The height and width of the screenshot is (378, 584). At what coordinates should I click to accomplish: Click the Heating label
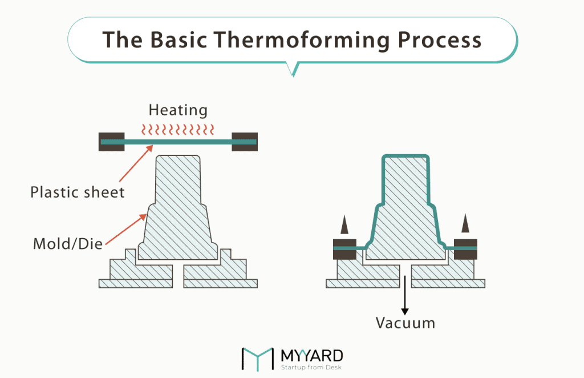tap(178, 110)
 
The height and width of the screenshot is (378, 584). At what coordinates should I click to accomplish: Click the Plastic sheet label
tap(78, 192)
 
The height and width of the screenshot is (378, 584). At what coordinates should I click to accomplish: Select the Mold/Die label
tap(68, 244)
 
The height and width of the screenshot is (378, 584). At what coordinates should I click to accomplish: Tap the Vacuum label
tap(405, 323)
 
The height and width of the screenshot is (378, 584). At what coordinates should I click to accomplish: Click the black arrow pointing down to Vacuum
tap(405, 294)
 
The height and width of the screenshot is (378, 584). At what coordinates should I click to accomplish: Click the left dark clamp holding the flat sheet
tap(112, 141)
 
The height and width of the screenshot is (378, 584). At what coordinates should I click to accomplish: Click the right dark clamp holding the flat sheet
tap(244, 141)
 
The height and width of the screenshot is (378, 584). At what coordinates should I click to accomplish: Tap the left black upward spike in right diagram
tap(344, 224)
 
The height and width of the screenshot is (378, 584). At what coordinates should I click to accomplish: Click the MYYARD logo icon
tap(257, 359)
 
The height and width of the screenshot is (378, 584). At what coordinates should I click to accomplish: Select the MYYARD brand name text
tap(312, 355)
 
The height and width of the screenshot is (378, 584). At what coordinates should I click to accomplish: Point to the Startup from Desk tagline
tap(311, 367)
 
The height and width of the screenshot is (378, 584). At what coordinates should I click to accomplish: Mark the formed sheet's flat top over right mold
tap(405, 156)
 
